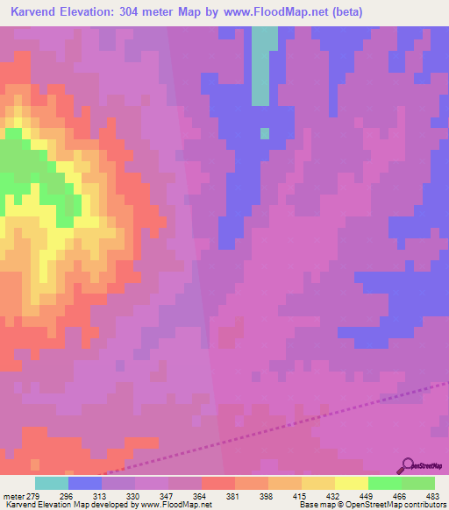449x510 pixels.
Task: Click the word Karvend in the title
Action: pos(34,12)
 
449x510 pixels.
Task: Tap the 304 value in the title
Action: pos(142,12)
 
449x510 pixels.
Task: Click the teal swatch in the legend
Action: pos(51,483)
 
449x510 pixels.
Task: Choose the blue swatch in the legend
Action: pos(84,483)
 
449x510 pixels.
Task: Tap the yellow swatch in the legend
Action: pos(351,483)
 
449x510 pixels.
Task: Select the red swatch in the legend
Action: pos(217,483)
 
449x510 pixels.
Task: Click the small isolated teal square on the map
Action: pos(265,133)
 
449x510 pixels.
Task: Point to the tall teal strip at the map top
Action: pos(261,66)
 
